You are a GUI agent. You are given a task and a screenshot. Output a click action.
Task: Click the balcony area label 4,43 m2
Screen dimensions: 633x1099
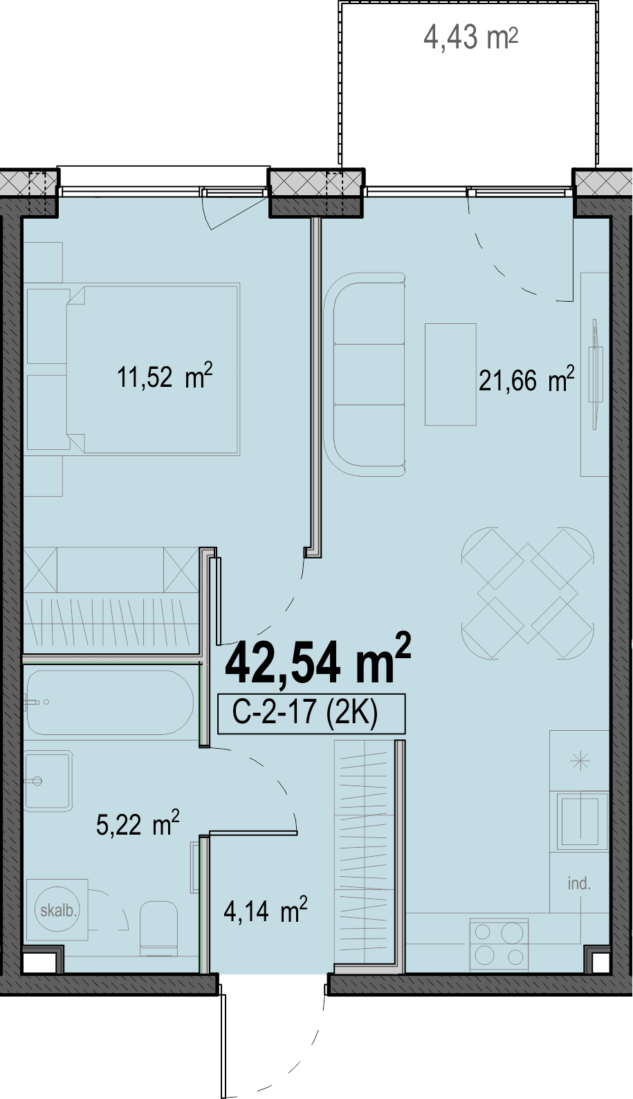click(470, 37)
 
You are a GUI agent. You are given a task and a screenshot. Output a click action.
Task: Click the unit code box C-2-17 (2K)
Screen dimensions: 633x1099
click(311, 714)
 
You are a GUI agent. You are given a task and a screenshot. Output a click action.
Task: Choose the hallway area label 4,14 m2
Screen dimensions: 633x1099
click(265, 910)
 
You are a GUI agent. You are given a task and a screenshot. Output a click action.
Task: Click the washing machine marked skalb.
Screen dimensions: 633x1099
click(58, 911)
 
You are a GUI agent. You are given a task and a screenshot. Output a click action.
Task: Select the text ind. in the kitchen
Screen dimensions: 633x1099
click(579, 884)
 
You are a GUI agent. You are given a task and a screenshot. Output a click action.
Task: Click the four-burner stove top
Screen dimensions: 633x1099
click(499, 944)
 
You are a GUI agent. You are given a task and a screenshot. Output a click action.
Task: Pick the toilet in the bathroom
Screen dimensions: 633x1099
click(158, 927)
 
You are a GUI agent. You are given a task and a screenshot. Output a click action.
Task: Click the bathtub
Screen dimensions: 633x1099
click(110, 702)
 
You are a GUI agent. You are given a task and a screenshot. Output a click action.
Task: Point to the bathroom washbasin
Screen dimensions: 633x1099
click(48, 780)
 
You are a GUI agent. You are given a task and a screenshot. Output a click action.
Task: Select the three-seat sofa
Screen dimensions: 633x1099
click(365, 375)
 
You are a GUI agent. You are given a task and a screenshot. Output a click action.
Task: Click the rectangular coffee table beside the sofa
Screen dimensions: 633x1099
click(450, 374)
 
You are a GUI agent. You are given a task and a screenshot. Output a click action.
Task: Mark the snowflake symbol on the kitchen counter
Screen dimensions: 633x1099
click(580, 761)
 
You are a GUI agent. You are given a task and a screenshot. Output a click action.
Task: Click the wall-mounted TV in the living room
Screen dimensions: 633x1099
click(596, 374)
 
